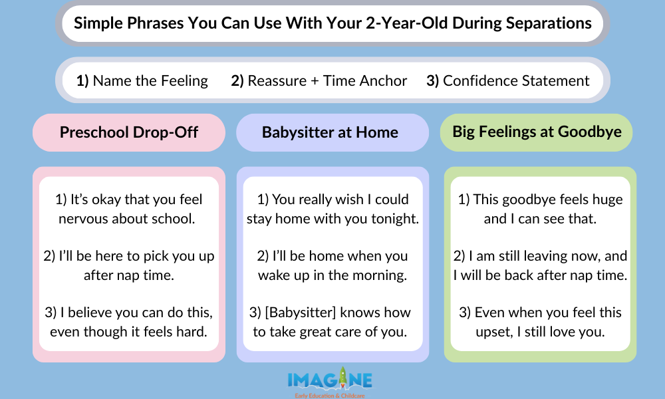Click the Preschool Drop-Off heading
(x=129, y=132)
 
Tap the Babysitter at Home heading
(x=330, y=132)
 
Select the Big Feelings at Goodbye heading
(x=537, y=131)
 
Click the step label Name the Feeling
(x=150, y=80)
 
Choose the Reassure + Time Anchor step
(x=327, y=80)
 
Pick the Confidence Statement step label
(x=516, y=80)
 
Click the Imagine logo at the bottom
(x=330, y=380)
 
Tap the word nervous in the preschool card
(x=83, y=219)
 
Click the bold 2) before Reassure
(x=238, y=80)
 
